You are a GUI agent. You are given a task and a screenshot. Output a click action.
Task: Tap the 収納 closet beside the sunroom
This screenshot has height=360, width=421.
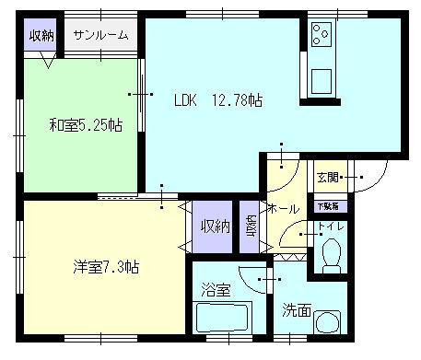point(40,36)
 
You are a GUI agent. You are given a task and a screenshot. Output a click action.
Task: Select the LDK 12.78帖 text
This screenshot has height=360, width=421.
point(219,100)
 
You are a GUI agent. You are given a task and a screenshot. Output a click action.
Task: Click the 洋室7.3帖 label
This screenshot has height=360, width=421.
point(106,267)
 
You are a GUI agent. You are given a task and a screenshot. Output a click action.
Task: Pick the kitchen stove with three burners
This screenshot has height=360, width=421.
point(323,35)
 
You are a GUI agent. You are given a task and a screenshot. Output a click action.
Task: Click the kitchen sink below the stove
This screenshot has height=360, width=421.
point(324,81)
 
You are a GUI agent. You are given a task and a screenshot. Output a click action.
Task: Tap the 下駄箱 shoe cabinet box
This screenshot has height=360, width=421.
point(329,206)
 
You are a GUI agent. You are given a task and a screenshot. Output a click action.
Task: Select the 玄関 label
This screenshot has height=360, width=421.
point(327,177)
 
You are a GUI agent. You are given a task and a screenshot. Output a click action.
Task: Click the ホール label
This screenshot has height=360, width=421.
point(282,209)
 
